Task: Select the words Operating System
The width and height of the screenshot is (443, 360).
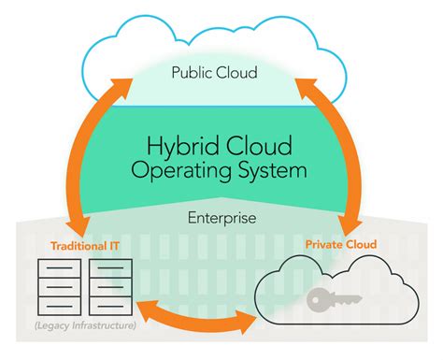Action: [221, 173]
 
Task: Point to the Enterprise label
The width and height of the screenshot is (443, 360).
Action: [222, 217]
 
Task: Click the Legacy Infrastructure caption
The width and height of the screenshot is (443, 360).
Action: [86, 324]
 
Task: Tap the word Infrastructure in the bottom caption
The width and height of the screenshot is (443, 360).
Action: [102, 324]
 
